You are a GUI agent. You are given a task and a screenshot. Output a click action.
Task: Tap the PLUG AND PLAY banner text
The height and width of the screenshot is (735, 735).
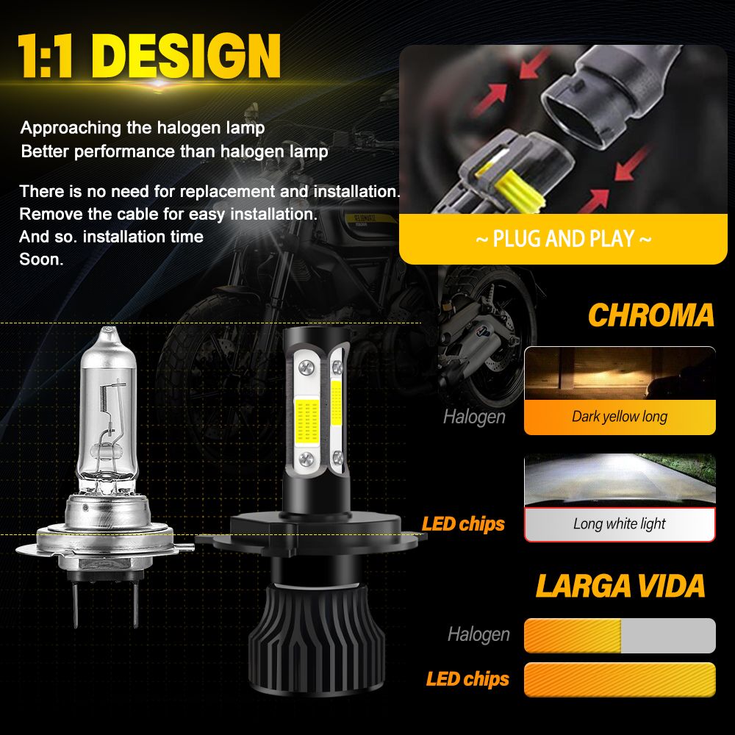click(x=564, y=239)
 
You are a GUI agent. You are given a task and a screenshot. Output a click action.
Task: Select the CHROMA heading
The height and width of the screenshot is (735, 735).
click(x=651, y=315)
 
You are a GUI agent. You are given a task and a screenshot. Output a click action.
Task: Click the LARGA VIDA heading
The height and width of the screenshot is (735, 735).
click(x=620, y=586)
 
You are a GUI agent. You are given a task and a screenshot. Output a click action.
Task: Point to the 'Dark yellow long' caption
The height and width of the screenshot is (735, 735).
click(x=620, y=416)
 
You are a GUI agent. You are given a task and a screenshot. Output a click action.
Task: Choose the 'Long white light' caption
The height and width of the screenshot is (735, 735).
click(x=619, y=523)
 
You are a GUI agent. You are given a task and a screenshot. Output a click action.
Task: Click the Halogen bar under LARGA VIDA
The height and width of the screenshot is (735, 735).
click(x=620, y=636)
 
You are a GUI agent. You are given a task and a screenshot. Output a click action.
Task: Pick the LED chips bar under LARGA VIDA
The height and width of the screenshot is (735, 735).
click(x=620, y=680)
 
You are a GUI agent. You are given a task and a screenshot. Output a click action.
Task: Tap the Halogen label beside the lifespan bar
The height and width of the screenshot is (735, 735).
click(x=478, y=634)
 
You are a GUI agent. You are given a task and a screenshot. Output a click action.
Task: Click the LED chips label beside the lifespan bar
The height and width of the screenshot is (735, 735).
click(x=467, y=678)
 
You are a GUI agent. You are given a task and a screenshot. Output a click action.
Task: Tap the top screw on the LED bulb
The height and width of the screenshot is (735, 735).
click(x=306, y=367)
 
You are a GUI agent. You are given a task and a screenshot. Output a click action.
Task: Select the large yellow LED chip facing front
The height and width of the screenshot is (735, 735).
click(x=306, y=421)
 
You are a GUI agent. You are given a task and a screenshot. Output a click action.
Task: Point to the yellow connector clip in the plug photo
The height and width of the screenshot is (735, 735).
click(x=516, y=187)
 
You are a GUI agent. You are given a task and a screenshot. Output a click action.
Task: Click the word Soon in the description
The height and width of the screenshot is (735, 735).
click(x=41, y=259)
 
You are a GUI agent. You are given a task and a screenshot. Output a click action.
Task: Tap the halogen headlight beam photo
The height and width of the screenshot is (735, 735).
click(x=620, y=373)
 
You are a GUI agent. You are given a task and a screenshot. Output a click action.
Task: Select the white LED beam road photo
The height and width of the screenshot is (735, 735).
click(x=620, y=480)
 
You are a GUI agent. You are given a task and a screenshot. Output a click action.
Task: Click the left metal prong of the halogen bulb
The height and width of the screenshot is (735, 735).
click(x=76, y=603)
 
